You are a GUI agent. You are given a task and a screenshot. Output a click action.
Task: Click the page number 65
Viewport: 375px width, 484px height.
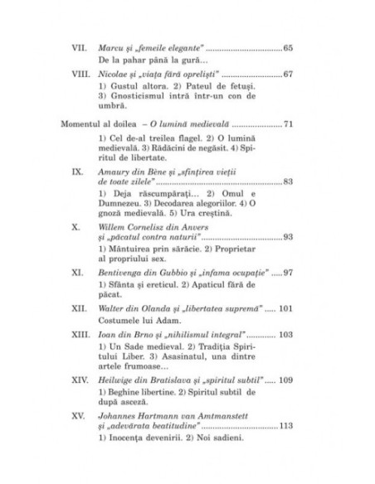pyautogui.click(x=287, y=49)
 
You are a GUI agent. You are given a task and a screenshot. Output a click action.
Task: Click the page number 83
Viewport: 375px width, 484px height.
pyautogui.click(x=287, y=182)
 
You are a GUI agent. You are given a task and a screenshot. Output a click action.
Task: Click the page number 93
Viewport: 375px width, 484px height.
pyautogui.click(x=287, y=236)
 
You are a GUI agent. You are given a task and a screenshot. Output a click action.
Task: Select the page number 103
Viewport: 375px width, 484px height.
pyautogui.click(x=285, y=336)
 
